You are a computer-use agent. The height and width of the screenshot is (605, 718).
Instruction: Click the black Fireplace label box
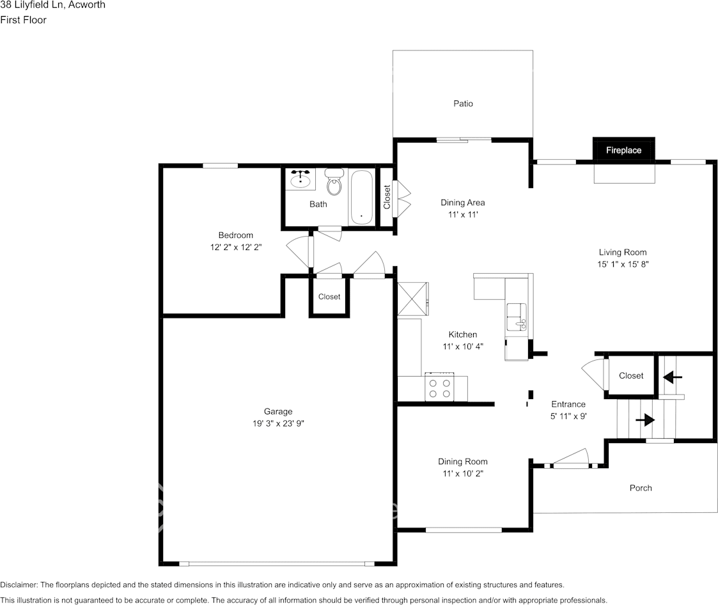[x=623, y=150]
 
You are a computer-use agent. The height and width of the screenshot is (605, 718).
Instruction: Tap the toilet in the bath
[x=334, y=183]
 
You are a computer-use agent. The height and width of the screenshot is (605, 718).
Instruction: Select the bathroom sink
[x=300, y=180]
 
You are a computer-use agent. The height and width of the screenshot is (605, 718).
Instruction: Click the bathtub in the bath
[x=362, y=197]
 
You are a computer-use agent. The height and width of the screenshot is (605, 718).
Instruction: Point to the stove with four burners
[x=439, y=387]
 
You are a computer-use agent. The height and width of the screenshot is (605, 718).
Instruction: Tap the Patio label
[x=463, y=103]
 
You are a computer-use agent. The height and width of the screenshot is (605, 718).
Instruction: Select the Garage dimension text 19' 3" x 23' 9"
[x=277, y=423]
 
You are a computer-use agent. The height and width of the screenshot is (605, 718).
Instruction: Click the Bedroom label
[x=235, y=235]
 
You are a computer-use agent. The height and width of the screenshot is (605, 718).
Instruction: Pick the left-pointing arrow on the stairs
[x=671, y=377]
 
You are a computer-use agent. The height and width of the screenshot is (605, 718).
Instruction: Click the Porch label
[x=641, y=488]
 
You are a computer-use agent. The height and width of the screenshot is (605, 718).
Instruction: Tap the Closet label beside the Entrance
[x=631, y=375]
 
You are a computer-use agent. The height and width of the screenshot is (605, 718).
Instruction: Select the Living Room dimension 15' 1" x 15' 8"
[x=622, y=263]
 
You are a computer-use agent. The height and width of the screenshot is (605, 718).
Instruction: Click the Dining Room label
[x=462, y=461]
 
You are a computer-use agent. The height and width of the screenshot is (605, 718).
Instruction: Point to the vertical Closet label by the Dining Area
[x=387, y=197]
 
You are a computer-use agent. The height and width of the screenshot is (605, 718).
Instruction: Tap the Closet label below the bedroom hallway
[x=329, y=297]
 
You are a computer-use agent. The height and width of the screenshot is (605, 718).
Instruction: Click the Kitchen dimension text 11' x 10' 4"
[x=462, y=346]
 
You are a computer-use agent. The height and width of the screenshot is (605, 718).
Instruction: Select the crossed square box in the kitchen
[x=412, y=299]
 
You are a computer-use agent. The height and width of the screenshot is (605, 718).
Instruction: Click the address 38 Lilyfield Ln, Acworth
[x=52, y=5]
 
